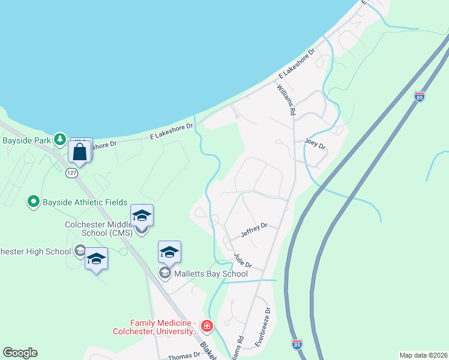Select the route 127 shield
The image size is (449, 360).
tap(71, 173)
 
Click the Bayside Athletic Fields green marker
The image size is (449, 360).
tap(34, 202)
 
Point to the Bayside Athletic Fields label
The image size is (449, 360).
tap(84, 202)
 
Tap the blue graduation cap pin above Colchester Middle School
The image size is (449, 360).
tap(142, 215)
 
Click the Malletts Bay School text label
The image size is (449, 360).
tap(211, 274)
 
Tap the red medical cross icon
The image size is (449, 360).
tap(207, 326)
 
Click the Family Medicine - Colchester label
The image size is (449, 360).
tap(155, 326)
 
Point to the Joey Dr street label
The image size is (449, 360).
tap(315, 143)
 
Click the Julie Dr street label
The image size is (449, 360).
tap(243, 261)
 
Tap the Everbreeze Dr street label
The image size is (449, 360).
tap(262, 327)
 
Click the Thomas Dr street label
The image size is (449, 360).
tap(183, 355)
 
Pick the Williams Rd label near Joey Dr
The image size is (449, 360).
tap(286, 100)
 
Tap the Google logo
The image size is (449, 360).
tap(20, 353)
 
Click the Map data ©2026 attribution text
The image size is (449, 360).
tap(423, 355)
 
